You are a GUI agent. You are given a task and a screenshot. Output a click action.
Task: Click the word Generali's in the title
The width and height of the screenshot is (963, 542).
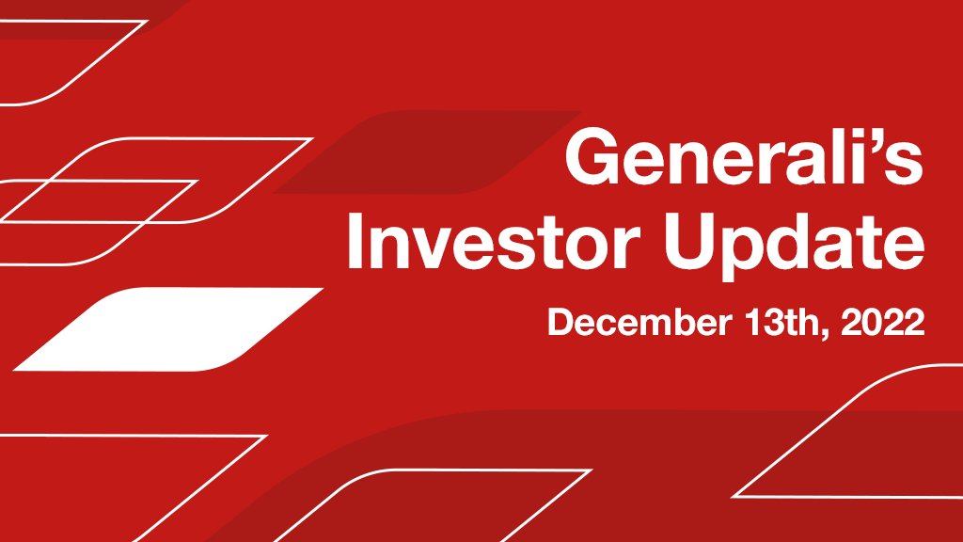point(743,160)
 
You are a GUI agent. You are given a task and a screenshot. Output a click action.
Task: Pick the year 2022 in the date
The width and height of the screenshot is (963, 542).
point(880,323)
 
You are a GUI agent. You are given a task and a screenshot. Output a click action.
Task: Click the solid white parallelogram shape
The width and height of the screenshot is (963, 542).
point(169,328)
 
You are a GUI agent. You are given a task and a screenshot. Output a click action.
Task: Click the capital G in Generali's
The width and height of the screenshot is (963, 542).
point(591,160)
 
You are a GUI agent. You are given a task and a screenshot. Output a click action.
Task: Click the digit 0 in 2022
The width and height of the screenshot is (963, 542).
point(870,323)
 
